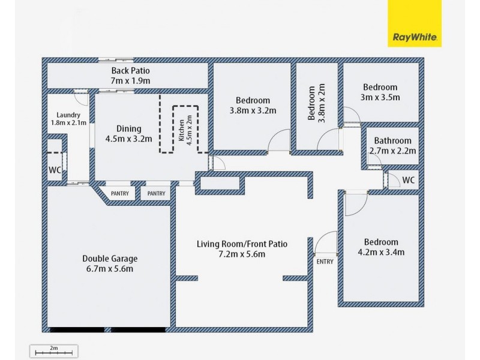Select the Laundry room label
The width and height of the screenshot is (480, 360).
coord(68,119)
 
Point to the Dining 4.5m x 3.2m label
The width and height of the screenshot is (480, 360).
coord(129,133)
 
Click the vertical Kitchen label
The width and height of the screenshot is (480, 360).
coord(186,128)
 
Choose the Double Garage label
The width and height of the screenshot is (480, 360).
coord(110,263)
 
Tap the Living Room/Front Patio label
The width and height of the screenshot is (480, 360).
coord(242,249)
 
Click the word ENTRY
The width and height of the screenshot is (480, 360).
coord(324,261)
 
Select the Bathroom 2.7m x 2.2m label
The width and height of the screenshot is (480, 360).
coord(393,146)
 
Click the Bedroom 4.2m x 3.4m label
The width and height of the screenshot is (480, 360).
coord(380,247)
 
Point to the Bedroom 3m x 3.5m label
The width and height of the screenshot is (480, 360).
coord(380,92)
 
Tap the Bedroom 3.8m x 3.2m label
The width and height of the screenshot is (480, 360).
coord(253,105)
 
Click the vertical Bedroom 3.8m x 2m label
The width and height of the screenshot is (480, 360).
coord(316,103)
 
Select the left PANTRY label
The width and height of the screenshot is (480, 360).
coord(119,193)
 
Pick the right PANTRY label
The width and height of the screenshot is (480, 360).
coord(156,193)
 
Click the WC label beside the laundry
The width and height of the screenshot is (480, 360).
coord(55,170)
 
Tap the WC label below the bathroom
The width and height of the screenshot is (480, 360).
coord(408,180)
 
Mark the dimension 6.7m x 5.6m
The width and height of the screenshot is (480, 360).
coord(110,268)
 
